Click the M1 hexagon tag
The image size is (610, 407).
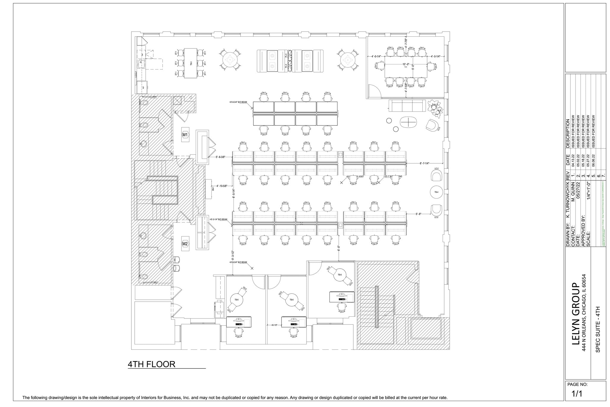pos(185,135)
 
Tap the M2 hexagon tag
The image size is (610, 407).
pos(185,244)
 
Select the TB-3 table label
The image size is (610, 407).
pos(191,63)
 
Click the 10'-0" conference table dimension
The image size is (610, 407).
pos(406,64)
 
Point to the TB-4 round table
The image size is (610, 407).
pos(436,192)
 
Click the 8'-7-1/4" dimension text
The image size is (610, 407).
pos(424,163)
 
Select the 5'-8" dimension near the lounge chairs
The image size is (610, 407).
pos(418,214)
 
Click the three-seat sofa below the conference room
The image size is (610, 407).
pos(407,106)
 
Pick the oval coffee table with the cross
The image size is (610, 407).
pos(408,122)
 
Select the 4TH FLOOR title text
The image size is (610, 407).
pos(151,364)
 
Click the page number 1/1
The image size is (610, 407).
pos(577,394)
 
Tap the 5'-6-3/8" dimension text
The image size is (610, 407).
pos(221,157)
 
